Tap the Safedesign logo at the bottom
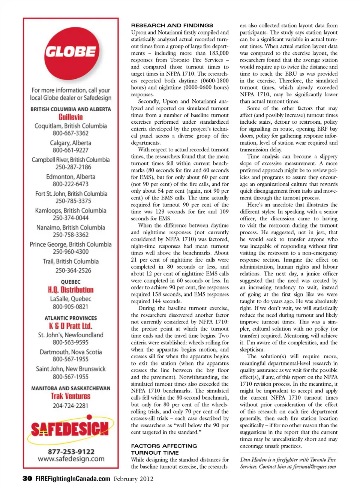click(70, 429)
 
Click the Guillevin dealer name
click(70, 117)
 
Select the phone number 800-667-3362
click(70, 133)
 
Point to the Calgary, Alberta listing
click(70, 143)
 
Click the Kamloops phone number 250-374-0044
click(70, 218)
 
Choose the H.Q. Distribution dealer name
click(70, 290)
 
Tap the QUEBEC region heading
click(70, 282)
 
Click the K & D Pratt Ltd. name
click(70, 326)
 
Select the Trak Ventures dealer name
click(70, 396)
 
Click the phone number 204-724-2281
click(70, 406)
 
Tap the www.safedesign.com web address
click(71, 459)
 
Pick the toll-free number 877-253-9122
click(71, 452)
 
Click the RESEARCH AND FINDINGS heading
click(172, 25)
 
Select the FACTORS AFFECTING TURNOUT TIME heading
click(164, 449)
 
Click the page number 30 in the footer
click(27, 479)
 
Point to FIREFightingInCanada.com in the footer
click(73, 479)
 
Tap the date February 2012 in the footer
click(133, 479)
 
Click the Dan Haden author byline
click(288, 463)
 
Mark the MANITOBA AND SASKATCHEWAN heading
click(70, 388)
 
